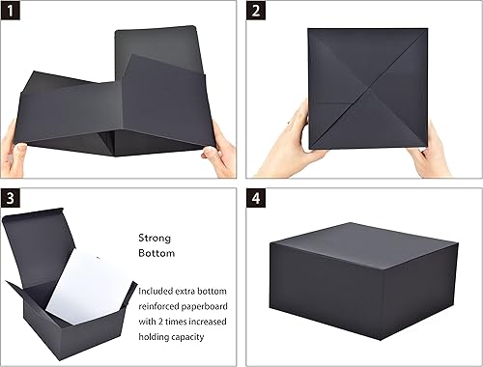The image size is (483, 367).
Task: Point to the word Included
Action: click(x=159, y=291)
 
